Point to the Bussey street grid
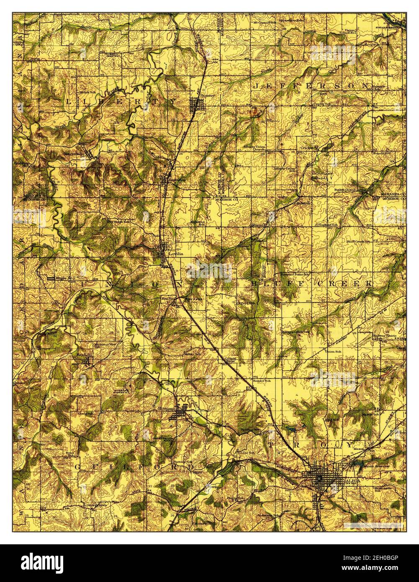(196, 105)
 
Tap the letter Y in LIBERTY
(172, 101)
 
